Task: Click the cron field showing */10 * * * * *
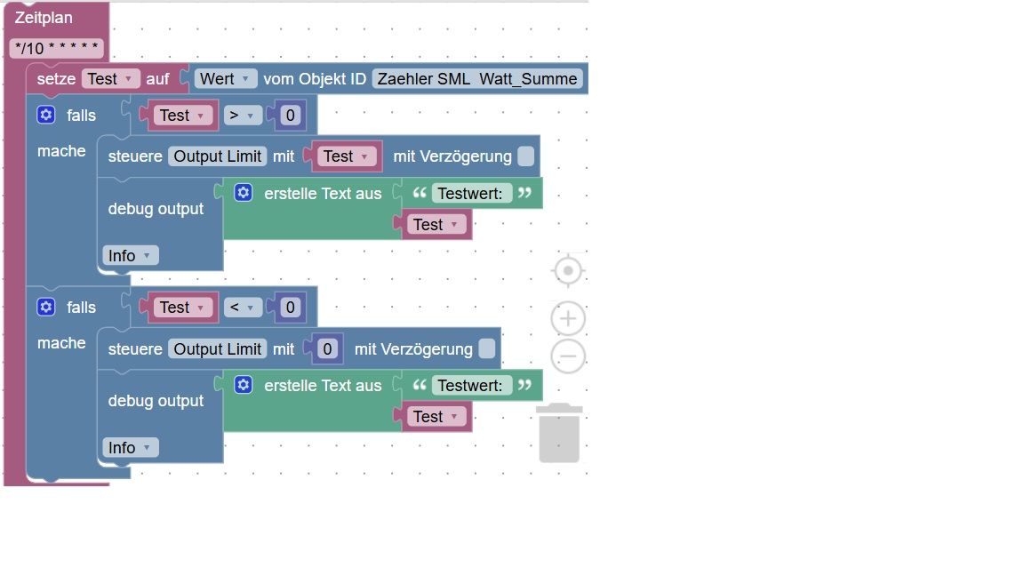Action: click(x=57, y=48)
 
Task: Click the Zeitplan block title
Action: click(x=44, y=18)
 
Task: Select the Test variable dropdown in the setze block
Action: click(x=110, y=79)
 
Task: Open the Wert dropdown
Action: click(x=225, y=79)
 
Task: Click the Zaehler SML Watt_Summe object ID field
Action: click(x=477, y=79)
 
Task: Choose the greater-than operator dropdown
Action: click(x=243, y=116)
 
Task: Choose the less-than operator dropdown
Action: click(x=243, y=308)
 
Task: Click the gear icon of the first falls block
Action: click(x=45, y=115)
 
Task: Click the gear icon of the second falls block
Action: click(x=45, y=307)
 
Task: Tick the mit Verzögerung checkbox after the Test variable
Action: click(x=525, y=156)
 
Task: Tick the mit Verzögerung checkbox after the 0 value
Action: click(x=486, y=348)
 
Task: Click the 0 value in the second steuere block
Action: click(x=327, y=348)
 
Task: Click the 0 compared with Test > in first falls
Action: click(x=290, y=116)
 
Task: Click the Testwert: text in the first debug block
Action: click(x=471, y=193)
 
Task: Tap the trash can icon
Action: click(x=559, y=433)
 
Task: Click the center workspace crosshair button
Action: click(x=568, y=270)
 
